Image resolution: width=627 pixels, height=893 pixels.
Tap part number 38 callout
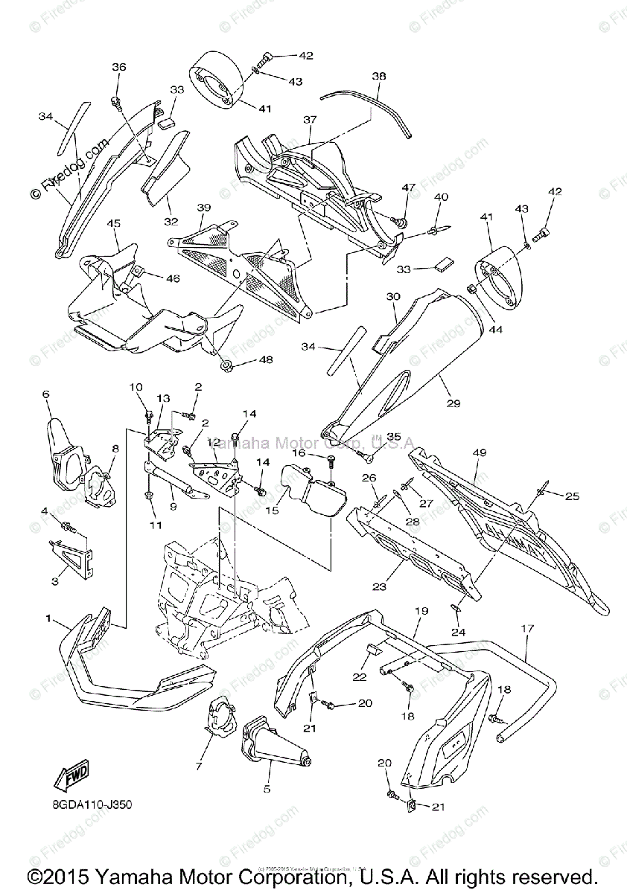379,77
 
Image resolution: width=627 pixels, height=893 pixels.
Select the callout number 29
453,403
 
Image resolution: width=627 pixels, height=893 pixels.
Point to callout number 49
479,452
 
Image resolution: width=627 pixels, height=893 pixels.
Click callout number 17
527,629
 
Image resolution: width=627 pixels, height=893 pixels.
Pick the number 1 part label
48,618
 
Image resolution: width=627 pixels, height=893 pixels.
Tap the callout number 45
113,223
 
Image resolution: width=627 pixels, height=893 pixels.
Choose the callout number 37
310,120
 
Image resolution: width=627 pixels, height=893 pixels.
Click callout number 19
421,611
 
